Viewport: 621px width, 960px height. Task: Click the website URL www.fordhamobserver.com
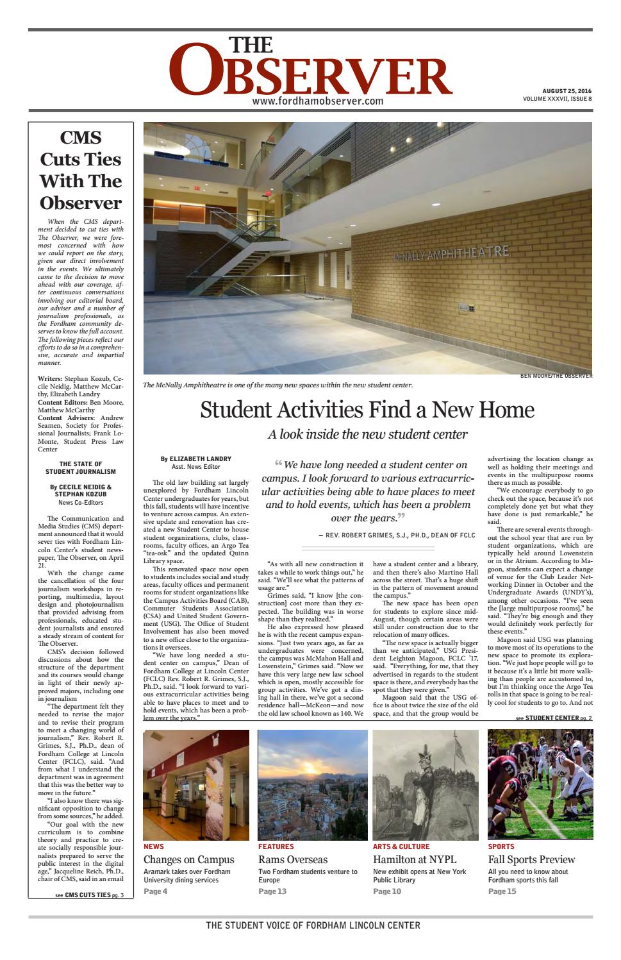317,101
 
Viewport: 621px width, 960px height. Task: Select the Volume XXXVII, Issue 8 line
557,99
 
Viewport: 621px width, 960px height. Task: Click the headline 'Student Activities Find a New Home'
367,410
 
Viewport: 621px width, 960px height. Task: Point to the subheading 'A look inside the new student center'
367,434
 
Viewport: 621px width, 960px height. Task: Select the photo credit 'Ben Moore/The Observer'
556,376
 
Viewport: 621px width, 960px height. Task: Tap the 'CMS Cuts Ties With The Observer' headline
81,170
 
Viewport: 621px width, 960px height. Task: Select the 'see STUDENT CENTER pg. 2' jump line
554,718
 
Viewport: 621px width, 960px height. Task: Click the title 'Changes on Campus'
188,859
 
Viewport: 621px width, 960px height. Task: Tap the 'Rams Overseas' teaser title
293,859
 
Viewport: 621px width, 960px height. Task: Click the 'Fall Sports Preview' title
531,859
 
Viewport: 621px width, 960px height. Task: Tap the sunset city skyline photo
312,784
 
